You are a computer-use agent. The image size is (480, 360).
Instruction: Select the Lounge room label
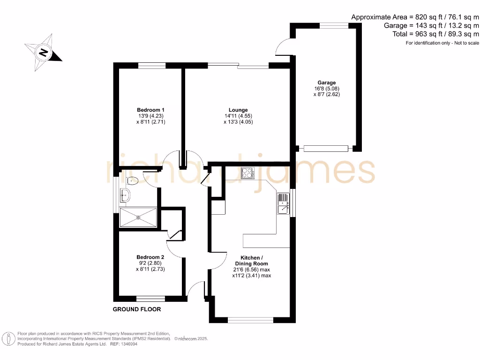239,110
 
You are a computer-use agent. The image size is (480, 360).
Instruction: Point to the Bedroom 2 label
150,257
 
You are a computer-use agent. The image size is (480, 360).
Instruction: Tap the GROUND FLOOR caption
137,309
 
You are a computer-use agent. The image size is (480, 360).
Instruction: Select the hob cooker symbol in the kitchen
247,173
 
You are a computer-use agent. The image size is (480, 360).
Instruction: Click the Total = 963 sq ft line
435,34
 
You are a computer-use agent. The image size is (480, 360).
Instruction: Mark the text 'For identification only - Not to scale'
442,43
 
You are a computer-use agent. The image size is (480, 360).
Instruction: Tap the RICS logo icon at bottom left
7,338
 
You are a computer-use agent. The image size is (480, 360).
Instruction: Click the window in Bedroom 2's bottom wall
150,298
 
